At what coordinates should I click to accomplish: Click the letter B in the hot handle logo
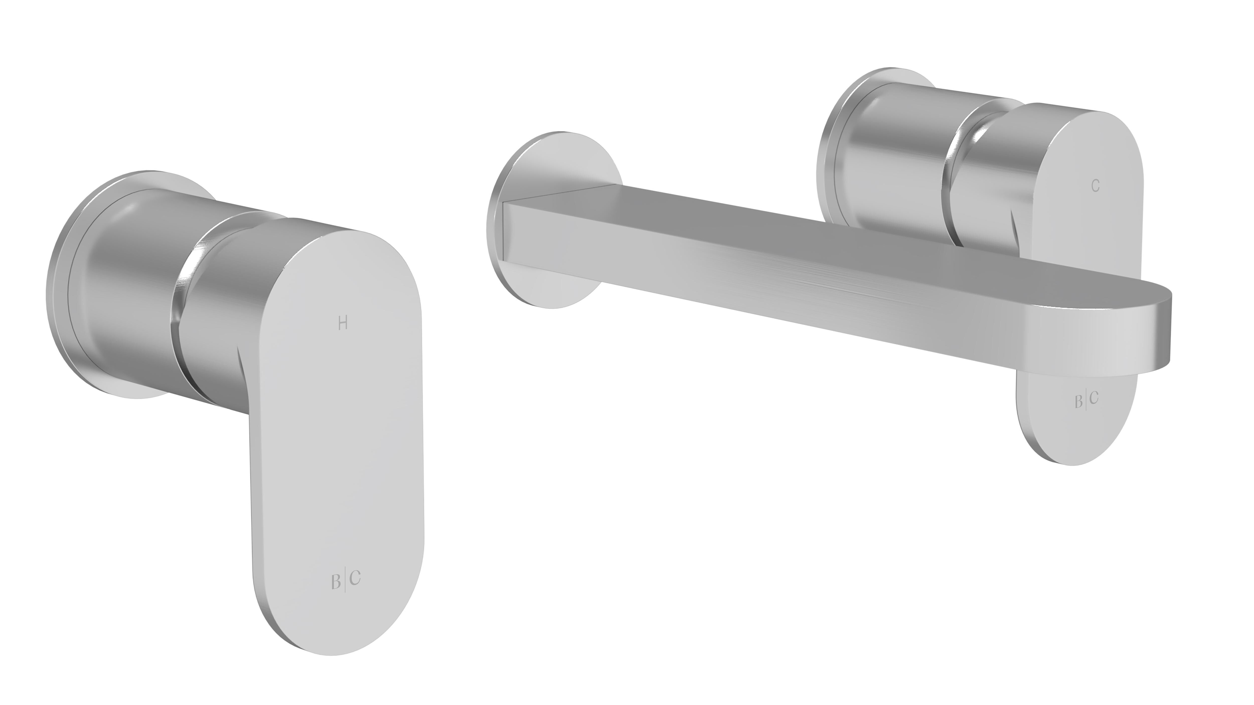click(x=336, y=582)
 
